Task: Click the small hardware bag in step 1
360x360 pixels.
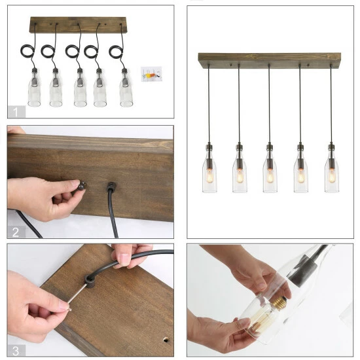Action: pos(150,73)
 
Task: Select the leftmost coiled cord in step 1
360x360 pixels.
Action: pos(26,49)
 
